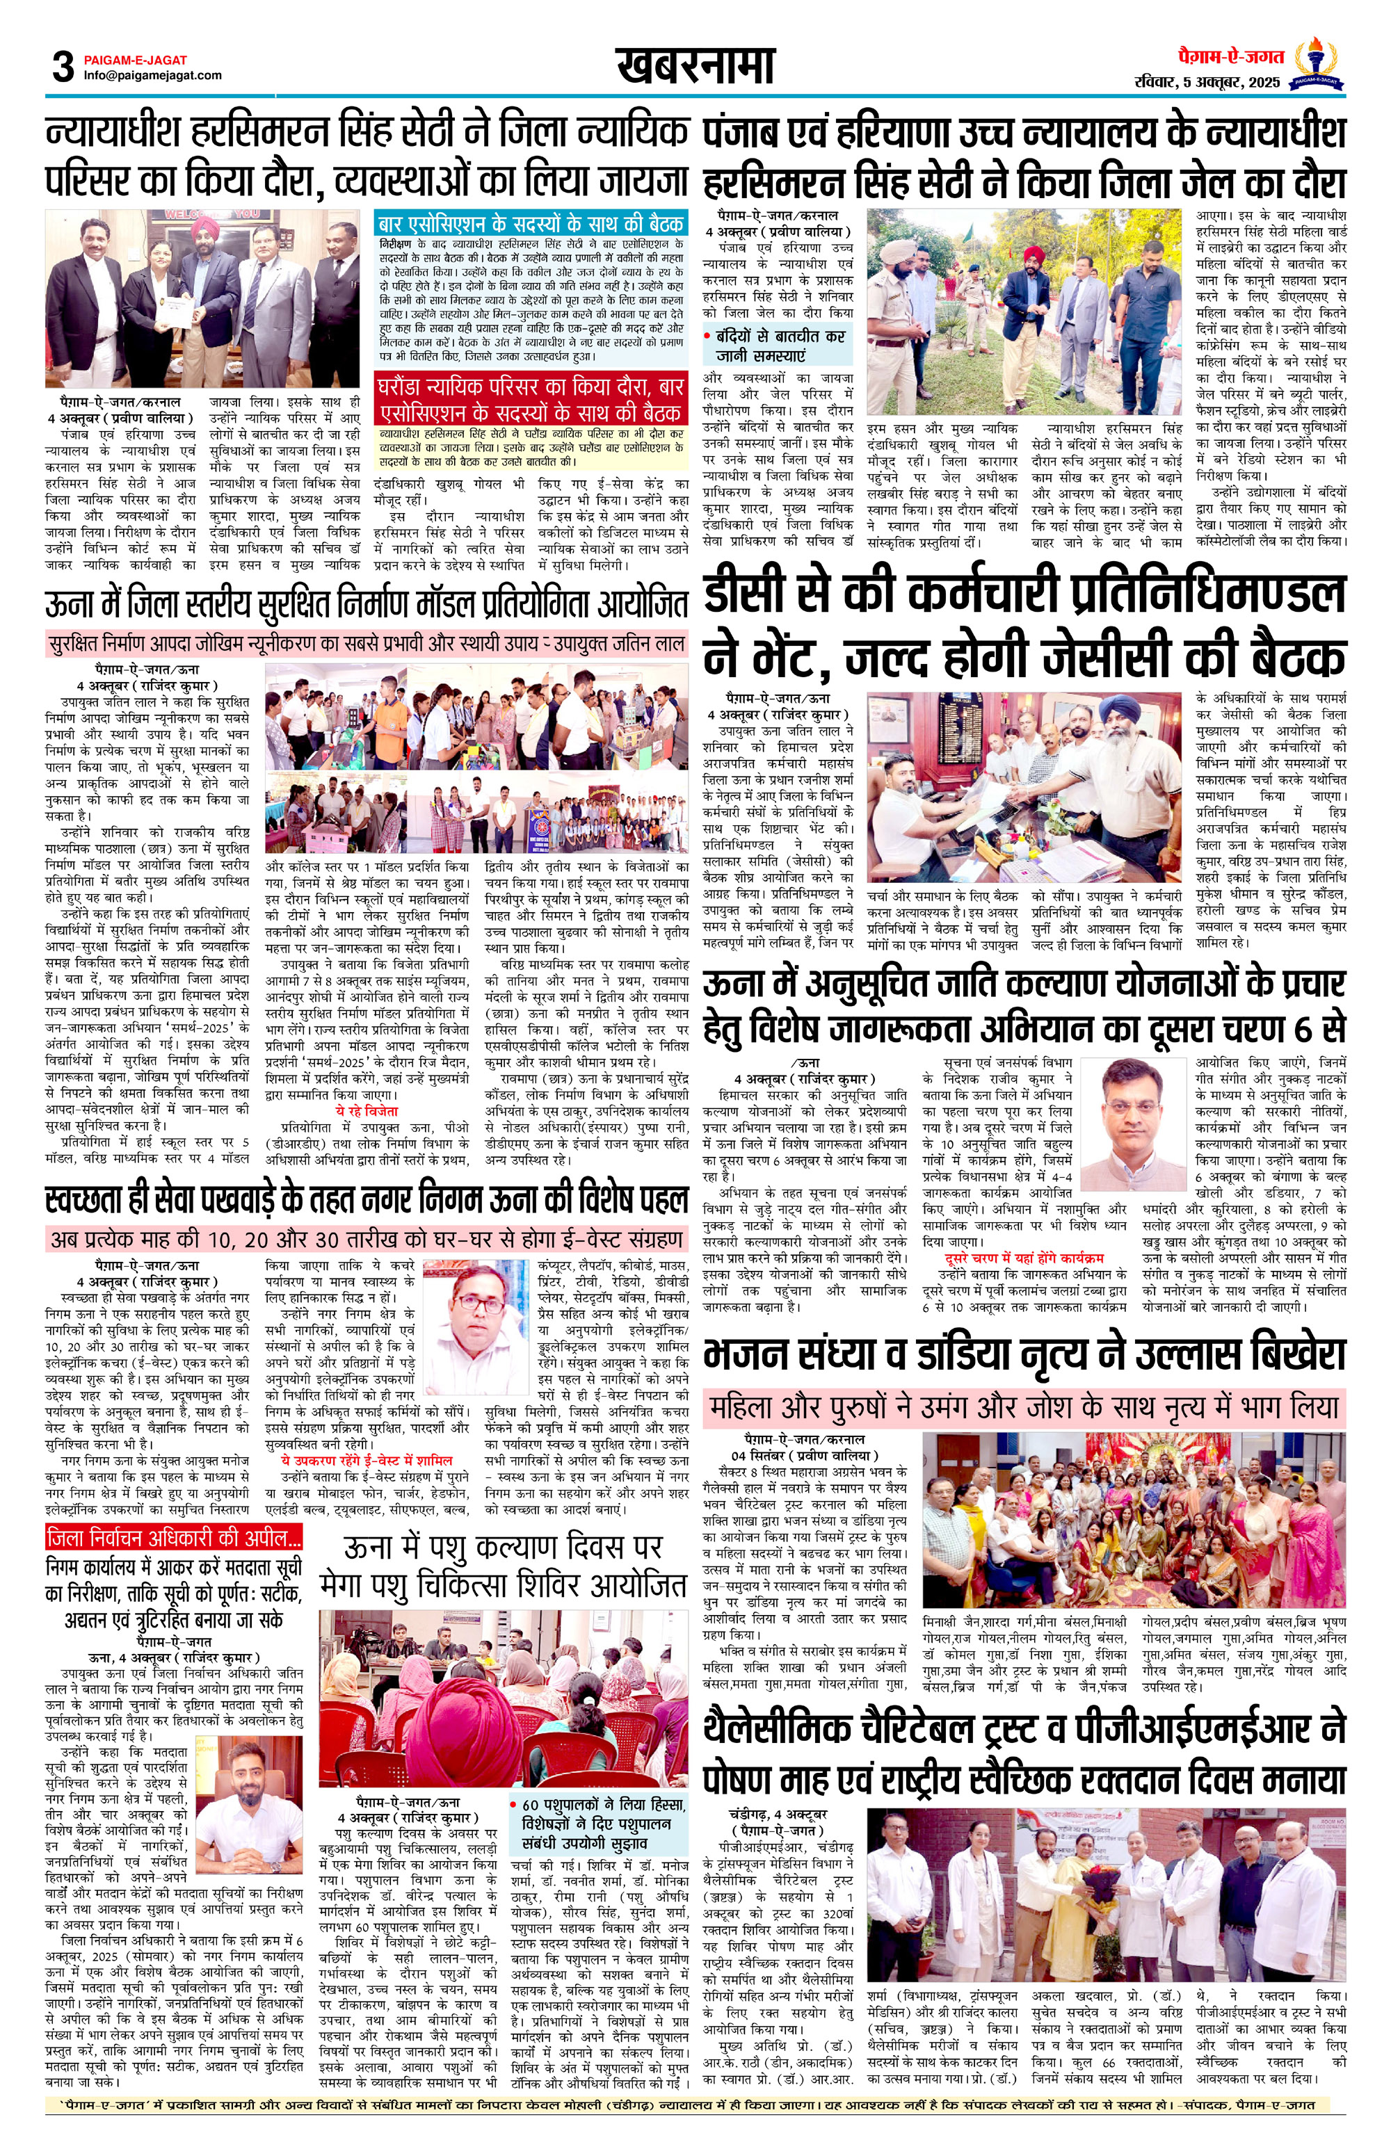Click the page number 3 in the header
(63, 67)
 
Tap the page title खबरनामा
(695, 65)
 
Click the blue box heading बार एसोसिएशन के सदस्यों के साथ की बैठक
(531, 225)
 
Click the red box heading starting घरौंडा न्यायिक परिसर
(531, 399)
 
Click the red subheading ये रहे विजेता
(366, 1110)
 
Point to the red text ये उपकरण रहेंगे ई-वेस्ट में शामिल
(367, 1459)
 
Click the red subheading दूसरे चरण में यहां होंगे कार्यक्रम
(1024, 1258)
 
